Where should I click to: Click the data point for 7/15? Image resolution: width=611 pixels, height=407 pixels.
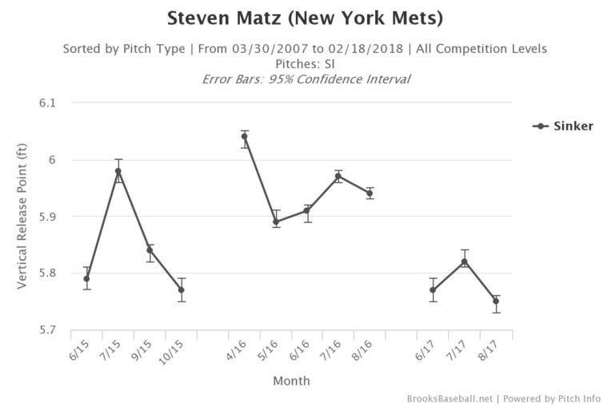coord(118,171)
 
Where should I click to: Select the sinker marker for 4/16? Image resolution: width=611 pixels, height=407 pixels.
coord(245,137)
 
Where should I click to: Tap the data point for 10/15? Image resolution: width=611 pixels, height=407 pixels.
coord(182,289)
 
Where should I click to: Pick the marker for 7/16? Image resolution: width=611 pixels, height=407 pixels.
coord(338,176)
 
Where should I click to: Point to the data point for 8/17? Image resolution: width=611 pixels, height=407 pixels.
coord(496,301)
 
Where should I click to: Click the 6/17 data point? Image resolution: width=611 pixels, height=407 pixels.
coord(433,289)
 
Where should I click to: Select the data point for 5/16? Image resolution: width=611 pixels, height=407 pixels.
coord(276,221)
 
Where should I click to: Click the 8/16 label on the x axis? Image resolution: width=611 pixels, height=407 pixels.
coord(365,349)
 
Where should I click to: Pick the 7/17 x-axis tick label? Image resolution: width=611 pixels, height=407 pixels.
coord(460,349)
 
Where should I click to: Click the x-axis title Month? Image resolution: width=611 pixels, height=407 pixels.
coord(291,381)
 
